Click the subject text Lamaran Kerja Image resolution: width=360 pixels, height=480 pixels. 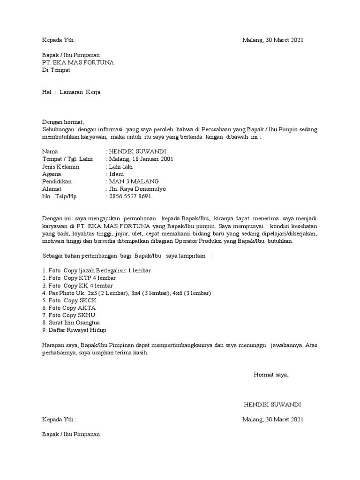80,92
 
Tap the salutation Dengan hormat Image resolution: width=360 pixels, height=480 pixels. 62,122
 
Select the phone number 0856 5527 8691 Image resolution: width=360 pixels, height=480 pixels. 130,196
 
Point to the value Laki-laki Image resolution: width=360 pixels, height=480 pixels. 120,166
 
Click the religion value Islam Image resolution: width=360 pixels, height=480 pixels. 116,174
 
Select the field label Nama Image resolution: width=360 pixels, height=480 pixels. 50,151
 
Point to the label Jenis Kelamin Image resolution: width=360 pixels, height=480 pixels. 60,166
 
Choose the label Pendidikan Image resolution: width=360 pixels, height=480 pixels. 58,181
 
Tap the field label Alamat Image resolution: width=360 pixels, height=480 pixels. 52,189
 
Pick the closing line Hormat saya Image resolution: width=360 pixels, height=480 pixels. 271,375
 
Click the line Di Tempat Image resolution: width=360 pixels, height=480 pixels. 56,70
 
